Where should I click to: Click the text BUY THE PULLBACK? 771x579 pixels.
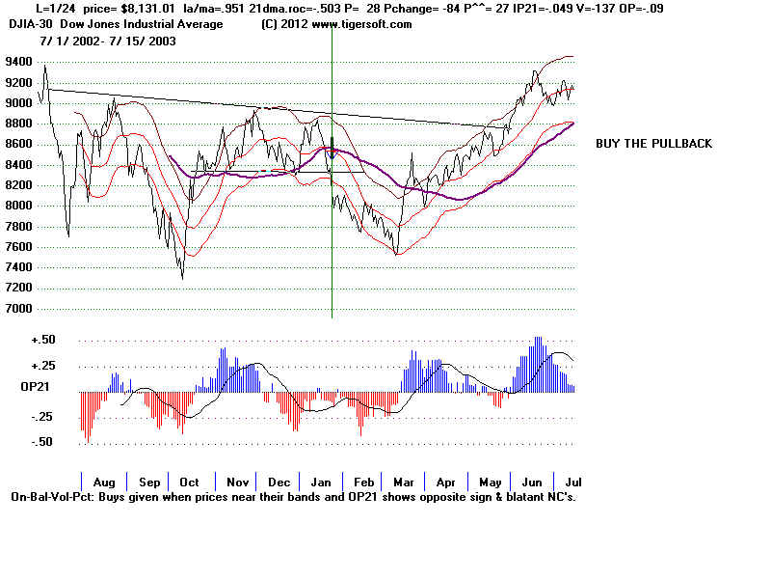tap(653, 144)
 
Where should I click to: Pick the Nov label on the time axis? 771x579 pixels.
tap(237, 482)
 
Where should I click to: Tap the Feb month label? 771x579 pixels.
tap(363, 482)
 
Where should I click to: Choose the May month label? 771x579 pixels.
tap(492, 482)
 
